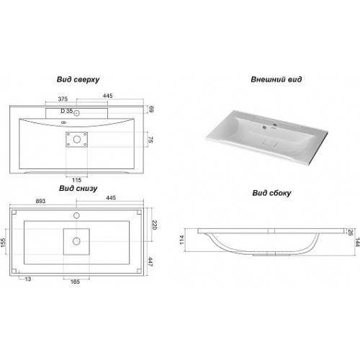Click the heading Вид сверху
78,80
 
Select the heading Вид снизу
78,189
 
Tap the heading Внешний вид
276,79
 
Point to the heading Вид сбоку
271,193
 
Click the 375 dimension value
63,99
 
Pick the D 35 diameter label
66,111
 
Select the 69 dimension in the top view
151,109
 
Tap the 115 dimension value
76,180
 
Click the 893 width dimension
40,201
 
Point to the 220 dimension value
155,225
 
